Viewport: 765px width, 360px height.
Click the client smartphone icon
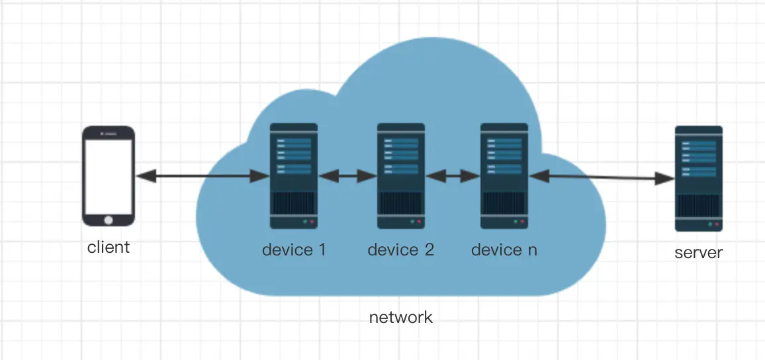109,176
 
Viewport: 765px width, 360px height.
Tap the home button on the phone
109,218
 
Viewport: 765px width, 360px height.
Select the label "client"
109,247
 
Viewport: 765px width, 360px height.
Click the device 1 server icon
294,176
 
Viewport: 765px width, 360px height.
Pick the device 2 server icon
400,176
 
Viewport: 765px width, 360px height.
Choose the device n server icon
504,176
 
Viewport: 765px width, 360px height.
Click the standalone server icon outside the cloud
698,179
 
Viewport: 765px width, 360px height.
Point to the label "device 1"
294,250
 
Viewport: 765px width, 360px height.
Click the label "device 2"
400,250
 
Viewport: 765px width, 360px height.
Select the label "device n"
504,250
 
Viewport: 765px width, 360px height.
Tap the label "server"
698,252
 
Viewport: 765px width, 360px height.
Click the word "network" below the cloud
400,317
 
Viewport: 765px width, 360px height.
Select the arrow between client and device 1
202,176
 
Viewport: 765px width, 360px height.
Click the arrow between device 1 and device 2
347,176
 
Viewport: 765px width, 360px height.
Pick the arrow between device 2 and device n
453,176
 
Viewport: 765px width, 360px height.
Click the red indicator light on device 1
312,222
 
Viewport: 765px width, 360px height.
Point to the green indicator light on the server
709,224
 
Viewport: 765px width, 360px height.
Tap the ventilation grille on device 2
400,202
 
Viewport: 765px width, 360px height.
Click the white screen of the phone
109,175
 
